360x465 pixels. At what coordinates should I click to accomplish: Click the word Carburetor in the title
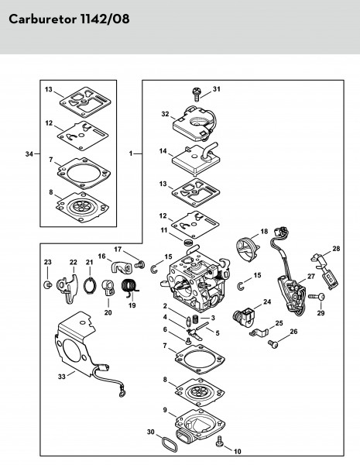click(x=43, y=19)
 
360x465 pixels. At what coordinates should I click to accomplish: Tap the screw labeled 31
click(x=196, y=94)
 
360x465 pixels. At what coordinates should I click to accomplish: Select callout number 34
click(x=29, y=154)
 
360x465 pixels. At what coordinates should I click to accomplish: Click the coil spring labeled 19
click(x=129, y=288)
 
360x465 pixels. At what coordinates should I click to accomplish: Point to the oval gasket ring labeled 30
click(x=168, y=443)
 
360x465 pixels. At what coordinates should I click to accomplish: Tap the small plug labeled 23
click(x=47, y=285)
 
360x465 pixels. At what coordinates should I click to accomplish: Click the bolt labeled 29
click(x=317, y=296)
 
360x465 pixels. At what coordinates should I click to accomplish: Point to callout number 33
click(x=62, y=377)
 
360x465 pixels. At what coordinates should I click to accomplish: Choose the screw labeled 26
click(x=273, y=343)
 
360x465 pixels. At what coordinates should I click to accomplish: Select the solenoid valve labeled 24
click(x=243, y=317)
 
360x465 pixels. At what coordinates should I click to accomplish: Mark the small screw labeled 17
click(x=139, y=264)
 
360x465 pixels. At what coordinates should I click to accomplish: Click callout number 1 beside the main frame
click(x=131, y=153)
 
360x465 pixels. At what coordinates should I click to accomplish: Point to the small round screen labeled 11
click(x=187, y=243)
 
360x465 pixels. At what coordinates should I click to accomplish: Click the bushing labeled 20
click(x=108, y=288)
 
